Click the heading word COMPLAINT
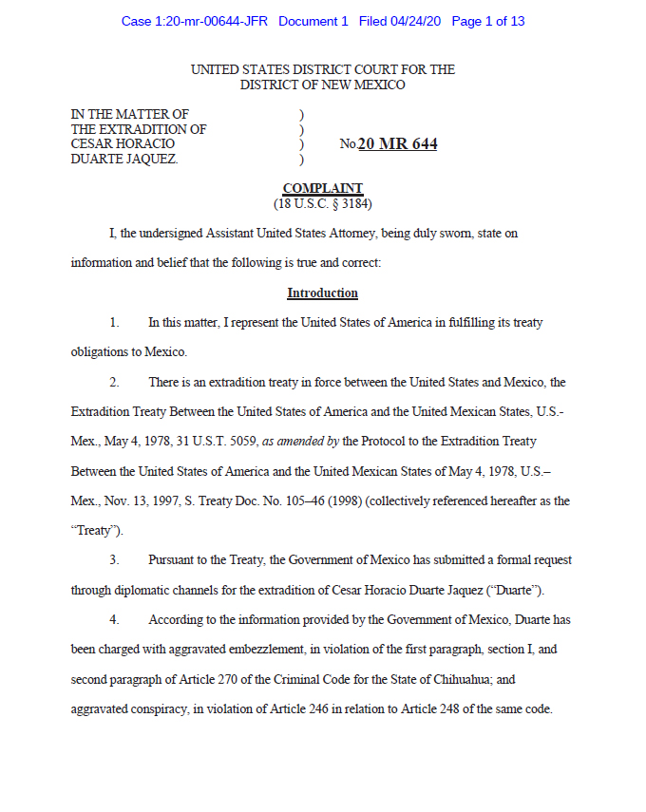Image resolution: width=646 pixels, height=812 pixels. pyautogui.click(x=322, y=189)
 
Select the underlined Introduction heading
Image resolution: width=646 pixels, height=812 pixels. pyautogui.click(x=322, y=293)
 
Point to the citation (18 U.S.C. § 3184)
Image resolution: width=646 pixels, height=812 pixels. pyautogui.click(x=322, y=203)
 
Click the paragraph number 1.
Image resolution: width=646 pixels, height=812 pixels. pyautogui.click(x=114, y=323)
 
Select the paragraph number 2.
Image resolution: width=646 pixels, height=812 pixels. pyautogui.click(x=114, y=382)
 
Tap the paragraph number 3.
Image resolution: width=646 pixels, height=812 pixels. pyautogui.click(x=114, y=560)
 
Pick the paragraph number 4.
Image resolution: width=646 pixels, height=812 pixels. pyautogui.click(x=114, y=619)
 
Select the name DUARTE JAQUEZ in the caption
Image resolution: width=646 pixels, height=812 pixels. pyautogui.click(x=124, y=159)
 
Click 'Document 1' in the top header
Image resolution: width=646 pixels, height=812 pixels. pyautogui.click(x=313, y=21)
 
